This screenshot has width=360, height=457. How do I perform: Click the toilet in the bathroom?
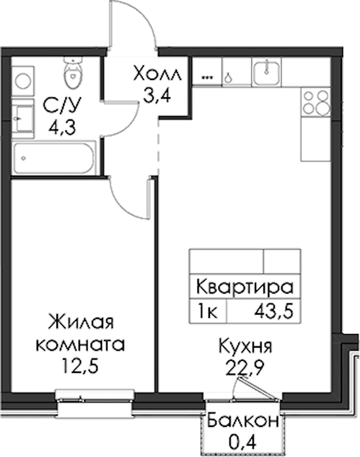click(x=73, y=73)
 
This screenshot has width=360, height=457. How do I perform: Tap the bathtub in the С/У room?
click(x=54, y=159)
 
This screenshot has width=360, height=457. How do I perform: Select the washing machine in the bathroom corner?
click(x=23, y=80)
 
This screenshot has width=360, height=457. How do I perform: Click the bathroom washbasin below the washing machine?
click(x=23, y=119)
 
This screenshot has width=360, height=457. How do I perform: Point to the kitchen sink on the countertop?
click(x=266, y=73)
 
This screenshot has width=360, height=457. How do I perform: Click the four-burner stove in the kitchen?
click(x=316, y=103)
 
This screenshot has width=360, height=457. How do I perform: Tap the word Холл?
click(x=157, y=74)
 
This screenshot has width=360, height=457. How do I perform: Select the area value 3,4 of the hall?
click(x=157, y=95)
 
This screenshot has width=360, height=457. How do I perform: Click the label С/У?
click(x=61, y=106)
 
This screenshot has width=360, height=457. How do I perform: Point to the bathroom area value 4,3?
click(x=62, y=127)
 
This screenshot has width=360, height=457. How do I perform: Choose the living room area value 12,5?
click(x=80, y=366)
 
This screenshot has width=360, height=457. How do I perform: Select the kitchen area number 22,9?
click(x=245, y=368)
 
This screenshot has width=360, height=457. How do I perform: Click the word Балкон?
click(x=243, y=421)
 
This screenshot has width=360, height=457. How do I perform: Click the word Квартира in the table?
click(x=245, y=287)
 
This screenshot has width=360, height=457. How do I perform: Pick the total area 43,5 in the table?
click(x=274, y=312)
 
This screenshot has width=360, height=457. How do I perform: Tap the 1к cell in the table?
click(x=207, y=312)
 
